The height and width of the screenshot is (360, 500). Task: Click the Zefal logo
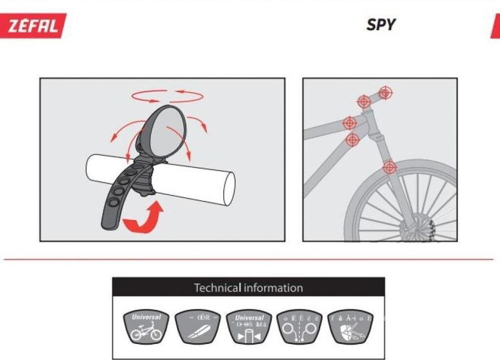(x=36, y=25)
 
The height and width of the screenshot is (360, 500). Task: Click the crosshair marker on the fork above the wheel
(x=389, y=167)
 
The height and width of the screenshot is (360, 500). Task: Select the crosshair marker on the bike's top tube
(x=350, y=123)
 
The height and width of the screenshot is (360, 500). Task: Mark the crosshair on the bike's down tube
(x=353, y=140)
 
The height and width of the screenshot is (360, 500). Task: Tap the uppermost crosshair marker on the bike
(x=385, y=92)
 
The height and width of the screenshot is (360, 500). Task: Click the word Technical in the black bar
(x=218, y=288)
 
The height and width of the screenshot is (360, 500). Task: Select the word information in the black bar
(x=273, y=288)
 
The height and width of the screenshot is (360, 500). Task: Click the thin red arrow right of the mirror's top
(x=199, y=123)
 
